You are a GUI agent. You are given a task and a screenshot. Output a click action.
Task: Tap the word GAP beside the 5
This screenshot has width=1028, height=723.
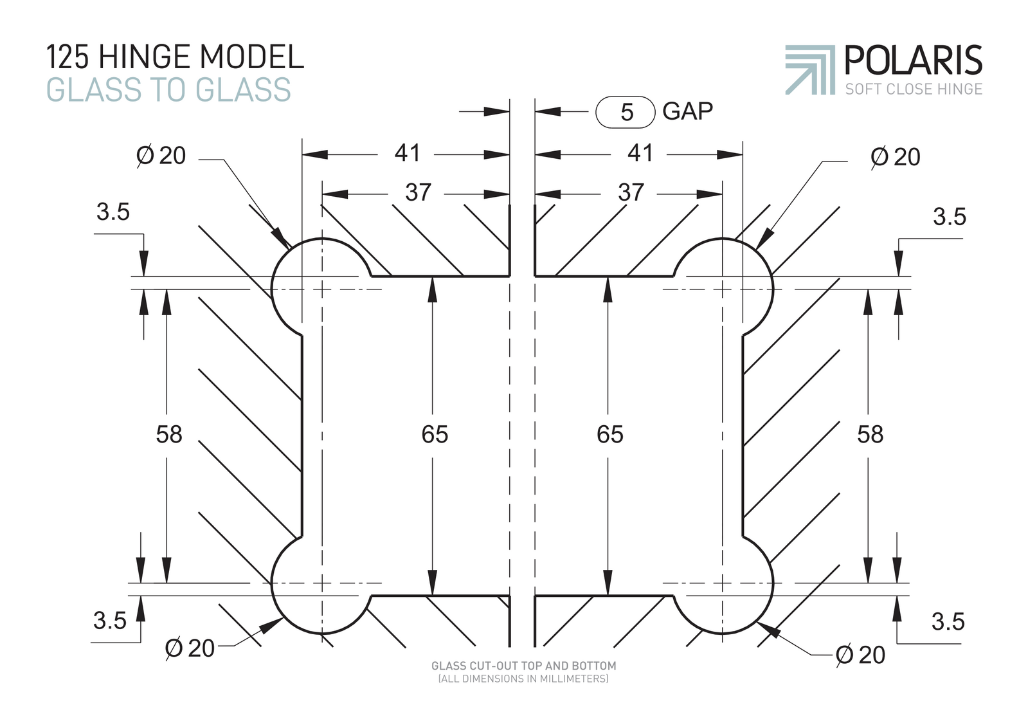[687, 111]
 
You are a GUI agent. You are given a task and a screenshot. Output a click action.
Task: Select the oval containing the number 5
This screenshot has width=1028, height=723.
[625, 111]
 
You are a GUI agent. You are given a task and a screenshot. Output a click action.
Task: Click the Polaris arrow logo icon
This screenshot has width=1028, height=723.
[809, 70]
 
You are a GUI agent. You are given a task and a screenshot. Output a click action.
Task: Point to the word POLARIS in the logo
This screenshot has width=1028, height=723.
[914, 60]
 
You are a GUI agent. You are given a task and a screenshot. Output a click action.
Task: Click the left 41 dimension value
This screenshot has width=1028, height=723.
[407, 153]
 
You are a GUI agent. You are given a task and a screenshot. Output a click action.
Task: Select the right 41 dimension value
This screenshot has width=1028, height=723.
[640, 153]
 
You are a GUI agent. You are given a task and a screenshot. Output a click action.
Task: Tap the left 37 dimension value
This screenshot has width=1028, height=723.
[418, 192]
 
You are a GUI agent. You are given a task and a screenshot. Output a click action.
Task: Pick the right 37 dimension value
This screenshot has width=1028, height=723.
[631, 192]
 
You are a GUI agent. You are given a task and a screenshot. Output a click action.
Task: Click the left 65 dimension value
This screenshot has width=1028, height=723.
[435, 434]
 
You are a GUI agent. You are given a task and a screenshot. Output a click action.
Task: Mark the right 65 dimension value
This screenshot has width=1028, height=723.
[610, 434]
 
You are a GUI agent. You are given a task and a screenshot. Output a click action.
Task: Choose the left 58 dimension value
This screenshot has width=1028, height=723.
[169, 434]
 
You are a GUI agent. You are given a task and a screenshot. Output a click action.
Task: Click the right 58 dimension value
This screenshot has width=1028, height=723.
[870, 434]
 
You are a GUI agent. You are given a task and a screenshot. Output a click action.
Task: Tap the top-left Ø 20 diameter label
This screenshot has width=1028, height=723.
[161, 156]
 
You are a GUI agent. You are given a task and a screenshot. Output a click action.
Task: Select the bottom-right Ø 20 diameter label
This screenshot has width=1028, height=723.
[860, 655]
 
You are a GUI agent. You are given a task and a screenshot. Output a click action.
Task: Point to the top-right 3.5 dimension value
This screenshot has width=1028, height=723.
[950, 217]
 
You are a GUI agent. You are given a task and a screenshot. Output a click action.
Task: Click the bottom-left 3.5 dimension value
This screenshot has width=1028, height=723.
[110, 621]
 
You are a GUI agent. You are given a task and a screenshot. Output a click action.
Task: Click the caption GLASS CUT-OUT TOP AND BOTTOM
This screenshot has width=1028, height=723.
[523, 666]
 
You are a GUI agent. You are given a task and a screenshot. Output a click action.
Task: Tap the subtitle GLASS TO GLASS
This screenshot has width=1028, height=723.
[168, 89]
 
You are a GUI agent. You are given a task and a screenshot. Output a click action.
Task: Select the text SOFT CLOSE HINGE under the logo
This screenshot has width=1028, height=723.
[914, 89]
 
